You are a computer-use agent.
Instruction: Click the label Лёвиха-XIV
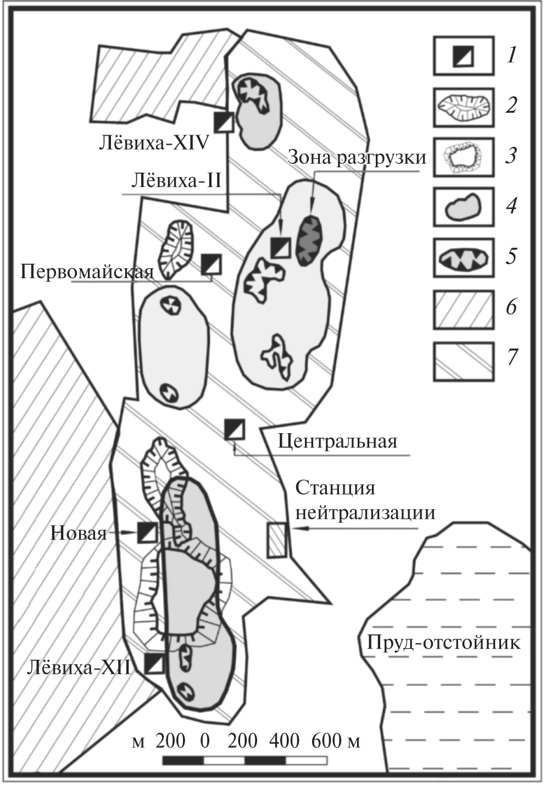click(x=154, y=143)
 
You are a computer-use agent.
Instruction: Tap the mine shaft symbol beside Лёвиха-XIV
click(x=224, y=121)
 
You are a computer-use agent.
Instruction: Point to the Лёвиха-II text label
click(x=176, y=180)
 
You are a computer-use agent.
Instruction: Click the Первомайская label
click(x=87, y=272)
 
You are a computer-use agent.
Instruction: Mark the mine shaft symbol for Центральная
click(x=235, y=429)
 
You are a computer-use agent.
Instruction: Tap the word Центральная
click(x=337, y=441)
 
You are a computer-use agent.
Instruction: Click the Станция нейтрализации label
click(x=365, y=500)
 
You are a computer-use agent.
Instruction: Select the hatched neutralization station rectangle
click(x=276, y=540)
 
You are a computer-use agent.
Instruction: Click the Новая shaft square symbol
click(x=146, y=532)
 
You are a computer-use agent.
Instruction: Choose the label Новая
click(x=79, y=533)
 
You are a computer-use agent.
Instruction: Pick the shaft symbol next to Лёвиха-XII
click(x=154, y=664)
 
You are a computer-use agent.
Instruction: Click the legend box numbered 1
click(x=463, y=55)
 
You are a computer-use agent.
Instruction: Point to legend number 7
click(x=511, y=357)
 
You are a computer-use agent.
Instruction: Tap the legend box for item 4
click(x=463, y=207)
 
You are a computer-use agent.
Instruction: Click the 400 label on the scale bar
click(x=284, y=741)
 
